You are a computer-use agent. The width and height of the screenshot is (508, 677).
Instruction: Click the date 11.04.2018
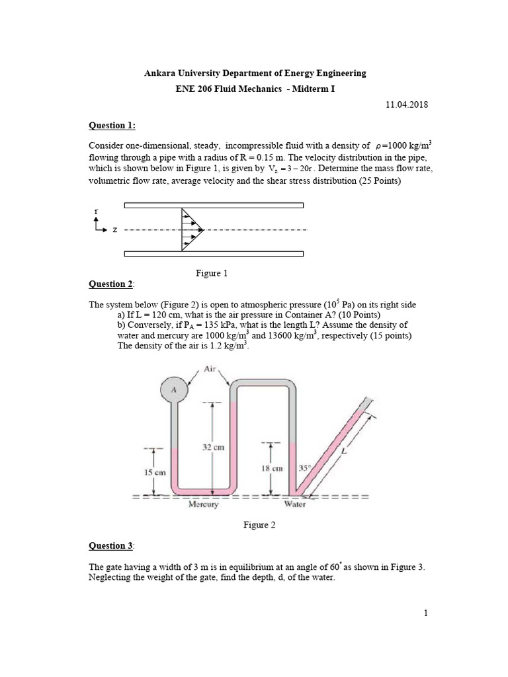pos(406,104)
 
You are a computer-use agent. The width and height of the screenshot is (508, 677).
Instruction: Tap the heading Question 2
pos(111,284)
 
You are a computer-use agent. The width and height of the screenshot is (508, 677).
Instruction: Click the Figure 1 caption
pos(212,272)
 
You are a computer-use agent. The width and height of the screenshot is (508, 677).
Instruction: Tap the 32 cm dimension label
pos(212,447)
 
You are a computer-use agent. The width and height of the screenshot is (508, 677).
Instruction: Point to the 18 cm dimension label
pos(271,468)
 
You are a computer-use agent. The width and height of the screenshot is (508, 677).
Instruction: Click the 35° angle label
pos(304,467)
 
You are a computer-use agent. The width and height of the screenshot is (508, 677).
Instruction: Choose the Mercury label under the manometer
pos(204,504)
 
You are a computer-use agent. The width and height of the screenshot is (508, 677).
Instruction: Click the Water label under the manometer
pos(294,504)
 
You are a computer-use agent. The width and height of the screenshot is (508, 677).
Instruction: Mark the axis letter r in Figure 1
pos(97,212)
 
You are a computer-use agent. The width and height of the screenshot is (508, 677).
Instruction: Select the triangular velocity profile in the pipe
pos(190,229)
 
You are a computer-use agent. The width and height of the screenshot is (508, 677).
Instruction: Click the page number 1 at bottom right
pos(427,613)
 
